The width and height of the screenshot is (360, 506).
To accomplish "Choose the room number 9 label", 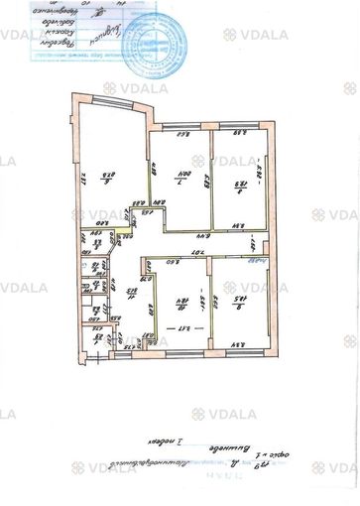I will pyautogui.click(x=238, y=295).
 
